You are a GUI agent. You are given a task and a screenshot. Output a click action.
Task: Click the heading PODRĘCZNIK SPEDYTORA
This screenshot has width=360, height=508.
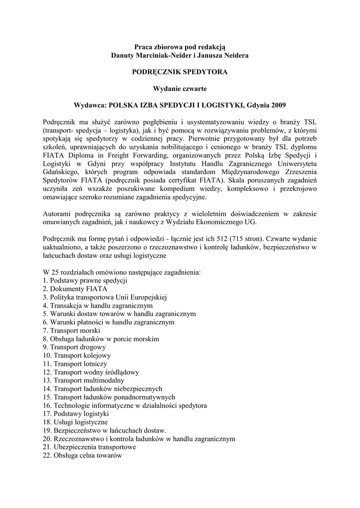click(x=180, y=72)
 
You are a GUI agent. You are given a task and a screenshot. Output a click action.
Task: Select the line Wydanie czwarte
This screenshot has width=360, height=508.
click(x=180, y=88)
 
